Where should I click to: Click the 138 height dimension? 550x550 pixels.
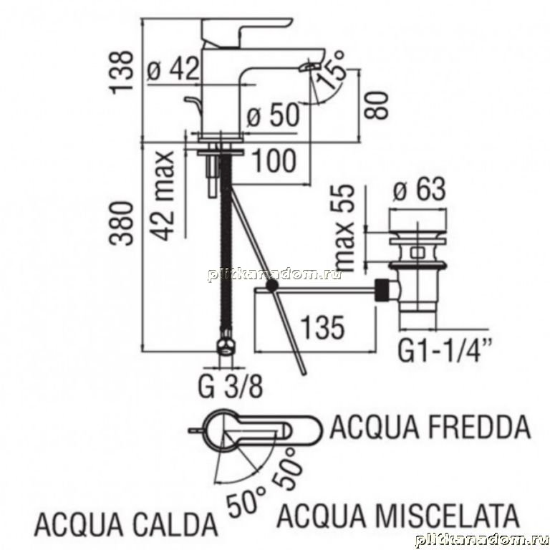tap(122, 72)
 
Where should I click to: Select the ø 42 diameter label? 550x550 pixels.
tap(173, 69)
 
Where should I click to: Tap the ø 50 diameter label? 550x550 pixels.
tap(274, 115)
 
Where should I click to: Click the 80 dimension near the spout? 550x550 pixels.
tap(377, 105)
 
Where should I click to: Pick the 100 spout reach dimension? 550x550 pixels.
tap(274, 160)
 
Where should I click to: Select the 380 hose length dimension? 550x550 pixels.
tap(122, 223)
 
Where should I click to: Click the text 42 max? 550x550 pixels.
tap(163, 196)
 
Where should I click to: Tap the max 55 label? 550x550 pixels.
tap(342, 227)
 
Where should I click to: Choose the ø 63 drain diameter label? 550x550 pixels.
tap(420, 189)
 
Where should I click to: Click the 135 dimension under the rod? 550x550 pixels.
tap(323, 328)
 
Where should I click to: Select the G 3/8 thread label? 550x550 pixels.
tap(230, 386)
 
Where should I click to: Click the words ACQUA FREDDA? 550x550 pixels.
tap(430, 427)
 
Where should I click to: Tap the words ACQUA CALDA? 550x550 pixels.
tap(126, 524)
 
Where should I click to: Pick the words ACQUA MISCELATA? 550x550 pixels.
tap(398, 516)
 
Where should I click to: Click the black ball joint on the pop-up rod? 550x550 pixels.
tap(272, 286)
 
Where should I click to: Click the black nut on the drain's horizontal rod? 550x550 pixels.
tap(382, 290)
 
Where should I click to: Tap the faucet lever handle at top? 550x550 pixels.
tap(247, 32)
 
